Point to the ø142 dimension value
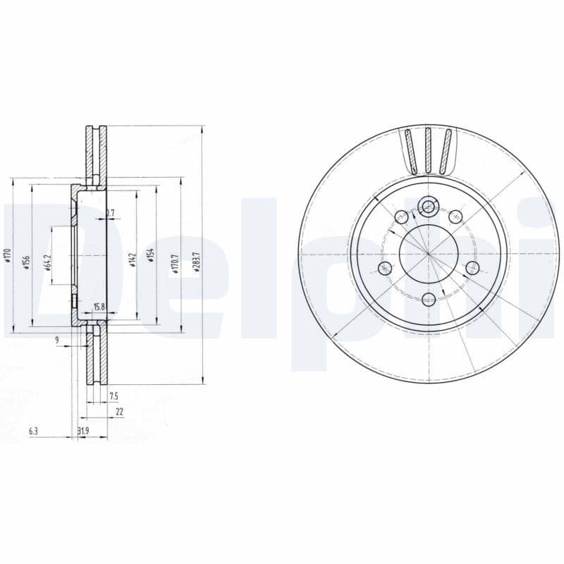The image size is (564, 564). click(x=132, y=259)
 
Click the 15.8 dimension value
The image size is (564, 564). click(x=99, y=307)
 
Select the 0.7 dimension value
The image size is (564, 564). click(x=110, y=212)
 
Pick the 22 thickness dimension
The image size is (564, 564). click(x=118, y=411)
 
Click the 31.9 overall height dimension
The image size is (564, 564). click(x=82, y=430)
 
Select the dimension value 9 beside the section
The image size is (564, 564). click(x=57, y=341)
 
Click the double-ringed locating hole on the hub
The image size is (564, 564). click(x=427, y=207)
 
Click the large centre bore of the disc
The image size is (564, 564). click(x=427, y=252)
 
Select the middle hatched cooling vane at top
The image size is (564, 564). click(x=427, y=150)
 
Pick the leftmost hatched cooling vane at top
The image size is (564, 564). click(x=411, y=152)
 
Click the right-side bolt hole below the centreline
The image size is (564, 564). click(x=472, y=266)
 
